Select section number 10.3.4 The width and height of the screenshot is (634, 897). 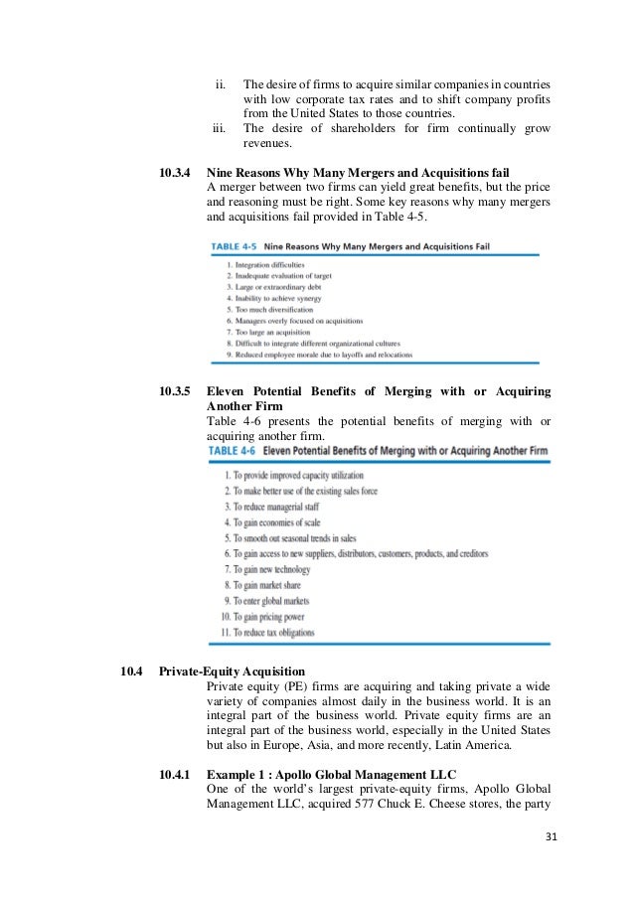[176, 171]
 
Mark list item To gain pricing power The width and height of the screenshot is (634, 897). [266, 617]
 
